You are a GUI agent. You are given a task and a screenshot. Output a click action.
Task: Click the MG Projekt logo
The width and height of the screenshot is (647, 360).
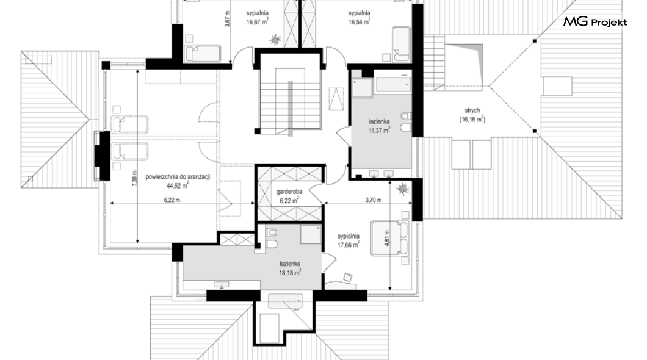(595, 22)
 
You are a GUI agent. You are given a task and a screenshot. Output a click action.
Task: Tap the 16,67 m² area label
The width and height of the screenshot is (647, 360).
(258, 22)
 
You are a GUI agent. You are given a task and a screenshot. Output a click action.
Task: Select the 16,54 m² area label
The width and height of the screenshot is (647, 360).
(359, 22)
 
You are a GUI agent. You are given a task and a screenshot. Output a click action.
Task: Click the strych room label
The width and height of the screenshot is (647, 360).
(472, 110)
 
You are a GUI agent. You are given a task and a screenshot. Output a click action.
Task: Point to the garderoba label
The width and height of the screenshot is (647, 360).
(289, 192)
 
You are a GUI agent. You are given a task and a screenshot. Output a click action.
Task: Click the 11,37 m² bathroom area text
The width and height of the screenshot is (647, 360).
(379, 131)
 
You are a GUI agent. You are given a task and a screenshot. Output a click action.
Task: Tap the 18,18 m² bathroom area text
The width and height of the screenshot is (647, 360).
(290, 272)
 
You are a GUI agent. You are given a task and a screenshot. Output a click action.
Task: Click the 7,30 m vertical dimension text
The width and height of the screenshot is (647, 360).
(134, 179)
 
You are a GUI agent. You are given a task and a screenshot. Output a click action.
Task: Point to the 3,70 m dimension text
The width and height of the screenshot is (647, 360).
(374, 200)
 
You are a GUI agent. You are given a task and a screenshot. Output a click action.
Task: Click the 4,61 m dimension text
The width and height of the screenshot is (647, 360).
(386, 239)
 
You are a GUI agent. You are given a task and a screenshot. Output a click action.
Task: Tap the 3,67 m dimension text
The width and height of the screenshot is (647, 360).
(226, 19)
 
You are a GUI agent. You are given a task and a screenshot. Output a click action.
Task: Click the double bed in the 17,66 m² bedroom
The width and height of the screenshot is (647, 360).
(390, 239)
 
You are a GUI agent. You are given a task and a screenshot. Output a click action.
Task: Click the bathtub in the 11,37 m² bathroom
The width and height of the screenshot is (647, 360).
(393, 85)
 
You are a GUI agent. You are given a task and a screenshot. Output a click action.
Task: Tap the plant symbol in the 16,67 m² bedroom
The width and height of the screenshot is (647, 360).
(275, 40)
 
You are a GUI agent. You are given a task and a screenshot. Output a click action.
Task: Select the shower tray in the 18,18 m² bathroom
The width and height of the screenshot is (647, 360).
(310, 235)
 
